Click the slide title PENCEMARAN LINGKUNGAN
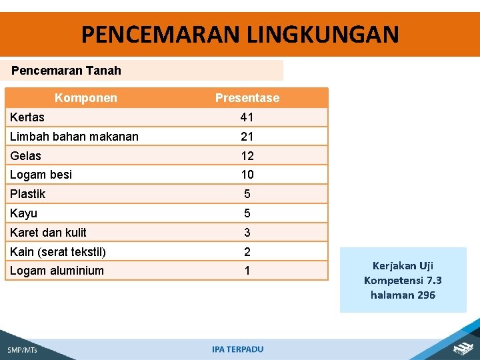point(240,33)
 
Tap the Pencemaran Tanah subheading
point(67,70)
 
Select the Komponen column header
point(85,98)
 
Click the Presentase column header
point(247,98)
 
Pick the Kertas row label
point(27,117)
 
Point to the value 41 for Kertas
point(247,117)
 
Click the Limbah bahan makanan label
point(74,137)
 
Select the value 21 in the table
point(247,137)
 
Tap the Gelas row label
point(25,156)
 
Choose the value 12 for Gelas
point(247,156)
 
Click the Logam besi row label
point(41,175)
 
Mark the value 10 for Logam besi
point(247,175)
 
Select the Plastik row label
point(28,194)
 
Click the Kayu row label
point(23,213)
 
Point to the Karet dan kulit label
point(48,233)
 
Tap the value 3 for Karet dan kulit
point(247,233)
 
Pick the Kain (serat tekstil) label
point(58,252)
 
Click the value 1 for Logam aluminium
point(247,271)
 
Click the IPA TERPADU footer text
point(238,349)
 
